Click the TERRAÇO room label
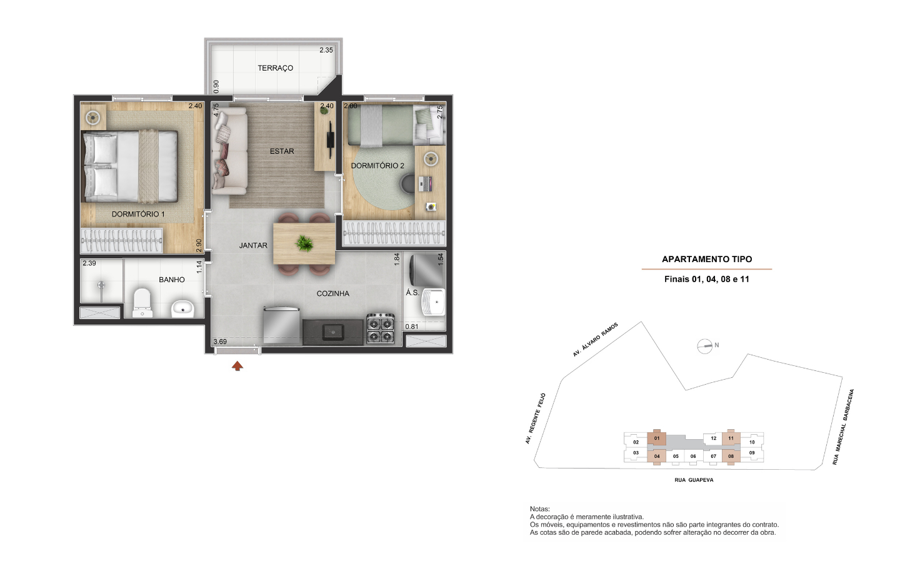click(275, 68)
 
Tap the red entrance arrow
click(237, 366)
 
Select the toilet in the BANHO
click(142, 302)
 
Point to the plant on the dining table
click(304, 243)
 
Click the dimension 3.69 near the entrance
click(220, 342)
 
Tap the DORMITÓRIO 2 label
click(377, 166)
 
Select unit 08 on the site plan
click(731, 457)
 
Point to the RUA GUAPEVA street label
click(694, 480)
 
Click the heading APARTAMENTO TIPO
click(707, 260)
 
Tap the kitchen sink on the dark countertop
click(333, 332)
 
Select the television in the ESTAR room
click(330, 139)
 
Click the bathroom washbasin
click(182, 309)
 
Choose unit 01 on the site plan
click(657, 439)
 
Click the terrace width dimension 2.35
click(326, 50)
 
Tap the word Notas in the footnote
click(539, 509)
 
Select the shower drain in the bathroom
click(101, 285)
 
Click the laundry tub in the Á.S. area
click(433, 302)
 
